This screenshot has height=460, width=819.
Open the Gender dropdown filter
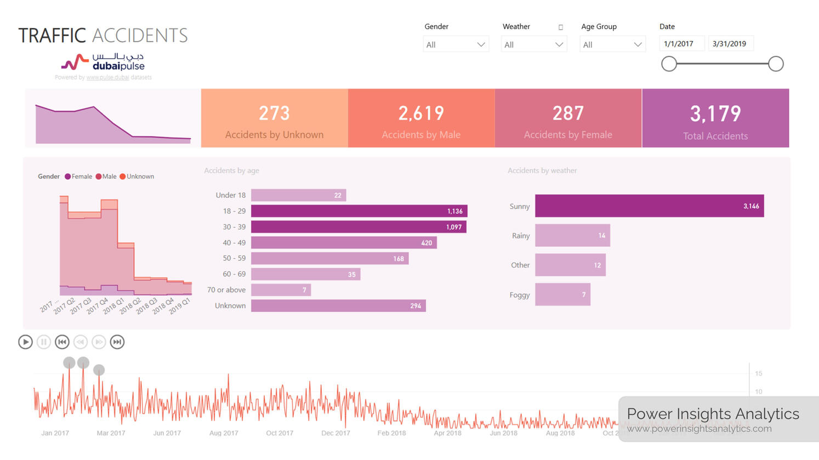click(456, 44)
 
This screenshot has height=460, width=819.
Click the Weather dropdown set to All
click(533, 44)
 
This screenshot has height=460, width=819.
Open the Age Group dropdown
click(612, 44)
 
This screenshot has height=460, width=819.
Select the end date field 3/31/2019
click(730, 44)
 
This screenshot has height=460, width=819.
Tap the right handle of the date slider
click(776, 64)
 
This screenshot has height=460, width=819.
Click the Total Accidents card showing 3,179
click(715, 118)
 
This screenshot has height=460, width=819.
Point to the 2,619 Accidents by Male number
click(421, 113)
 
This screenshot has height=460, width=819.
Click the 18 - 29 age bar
click(359, 211)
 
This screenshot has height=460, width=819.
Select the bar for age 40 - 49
click(344, 242)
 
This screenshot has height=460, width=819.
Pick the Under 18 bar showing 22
click(298, 195)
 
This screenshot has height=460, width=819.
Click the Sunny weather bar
click(649, 206)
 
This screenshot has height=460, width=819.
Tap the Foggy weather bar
click(562, 294)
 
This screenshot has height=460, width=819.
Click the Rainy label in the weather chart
click(520, 236)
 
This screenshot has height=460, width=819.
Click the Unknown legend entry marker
click(123, 177)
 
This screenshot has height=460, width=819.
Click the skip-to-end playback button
click(117, 342)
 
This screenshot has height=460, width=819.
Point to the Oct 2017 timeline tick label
click(280, 433)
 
